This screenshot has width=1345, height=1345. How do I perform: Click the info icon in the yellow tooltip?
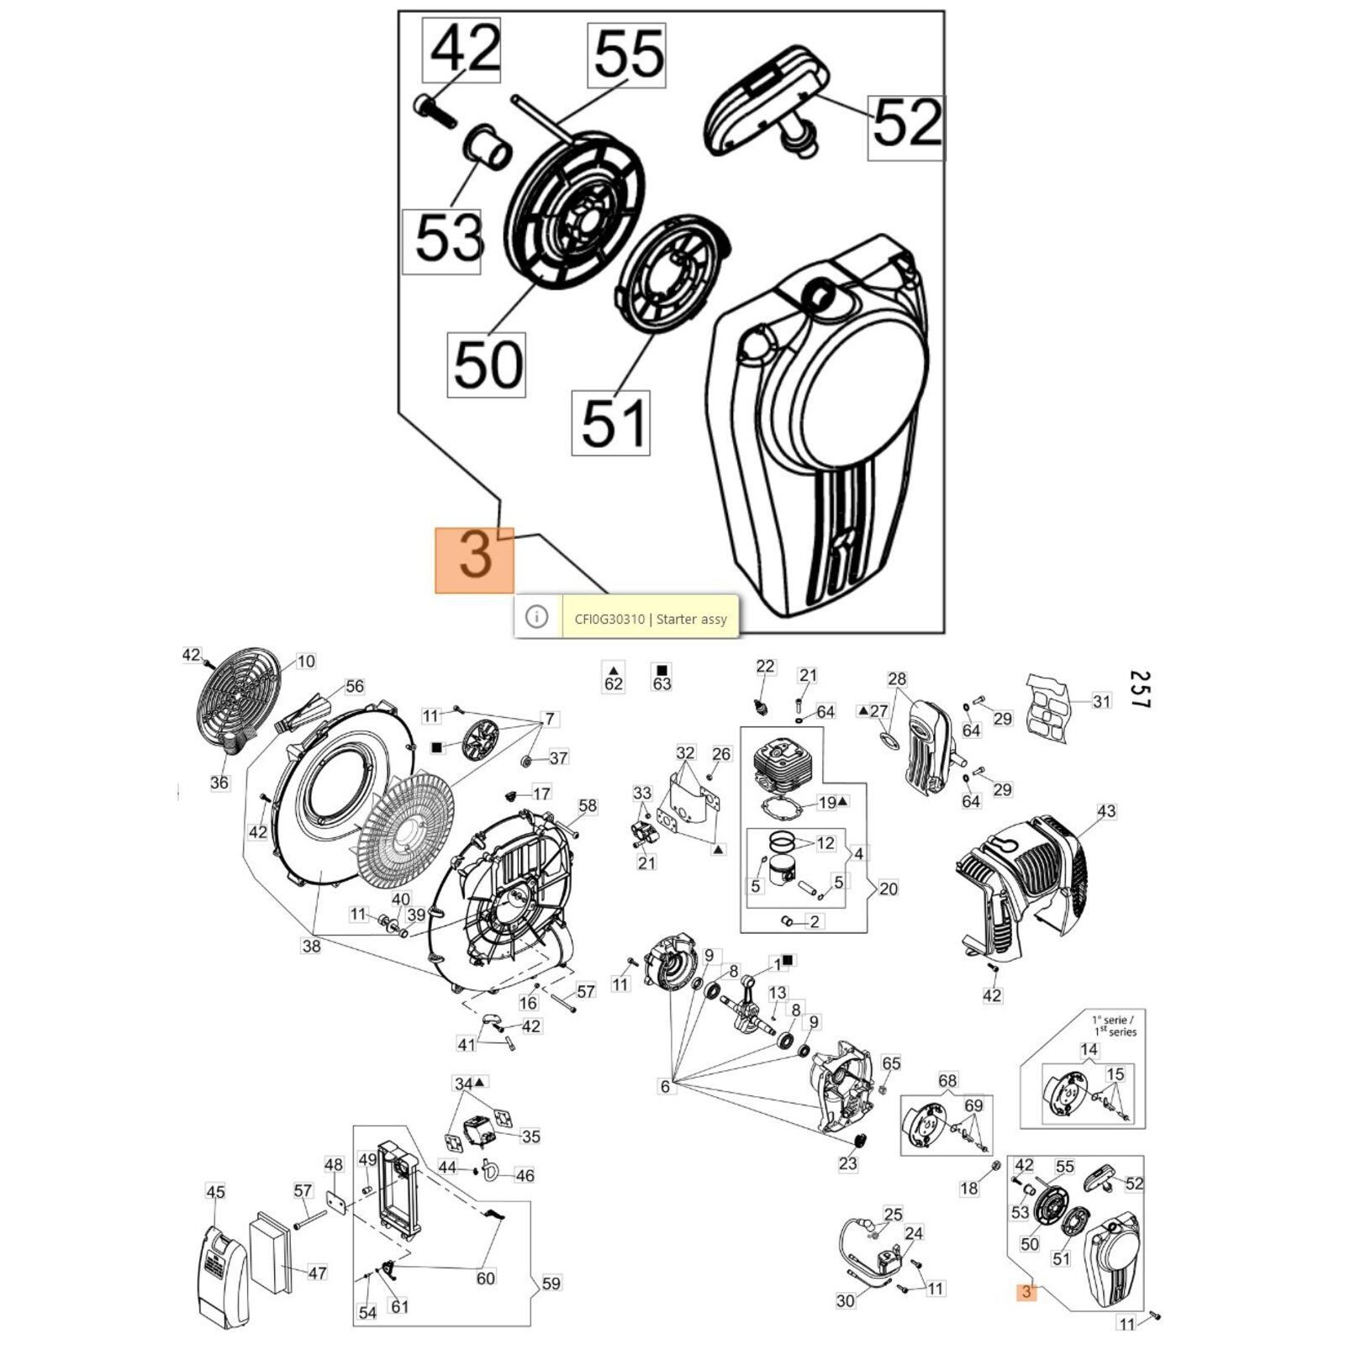coord(536,617)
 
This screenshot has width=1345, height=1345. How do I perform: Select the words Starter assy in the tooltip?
coord(692,620)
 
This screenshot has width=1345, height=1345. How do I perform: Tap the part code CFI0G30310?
coord(609,620)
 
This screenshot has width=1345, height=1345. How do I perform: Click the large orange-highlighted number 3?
coord(475,557)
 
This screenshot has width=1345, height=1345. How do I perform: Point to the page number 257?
coord(1139,689)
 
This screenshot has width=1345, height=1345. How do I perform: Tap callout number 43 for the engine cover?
coord(1106,811)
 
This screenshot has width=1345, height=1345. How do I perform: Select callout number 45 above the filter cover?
coord(216,1192)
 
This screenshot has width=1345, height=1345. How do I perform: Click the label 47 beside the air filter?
coord(317,1273)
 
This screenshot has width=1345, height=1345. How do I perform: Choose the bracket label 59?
coord(551,1284)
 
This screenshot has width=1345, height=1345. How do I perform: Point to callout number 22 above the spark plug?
coord(765,667)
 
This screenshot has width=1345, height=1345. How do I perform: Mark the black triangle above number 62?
coord(614,668)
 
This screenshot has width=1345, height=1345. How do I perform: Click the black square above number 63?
coord(662,668)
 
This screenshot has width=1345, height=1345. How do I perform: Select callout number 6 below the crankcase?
coord(665,1087)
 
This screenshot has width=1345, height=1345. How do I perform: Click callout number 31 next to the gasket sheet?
coord(1101,701)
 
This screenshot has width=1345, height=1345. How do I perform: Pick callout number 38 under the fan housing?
coord(311,947)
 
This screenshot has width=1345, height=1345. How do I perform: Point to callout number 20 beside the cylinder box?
coord(888,889)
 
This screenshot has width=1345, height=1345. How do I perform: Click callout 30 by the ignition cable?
coord(846,1300)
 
